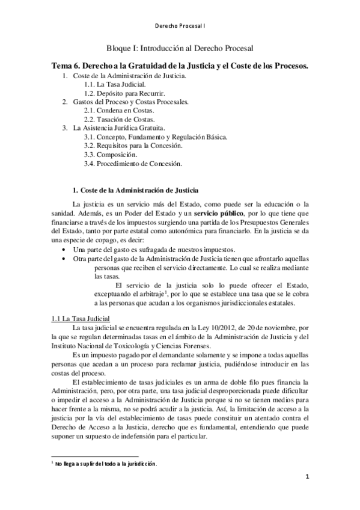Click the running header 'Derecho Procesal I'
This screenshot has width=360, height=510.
pos(180,26)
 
